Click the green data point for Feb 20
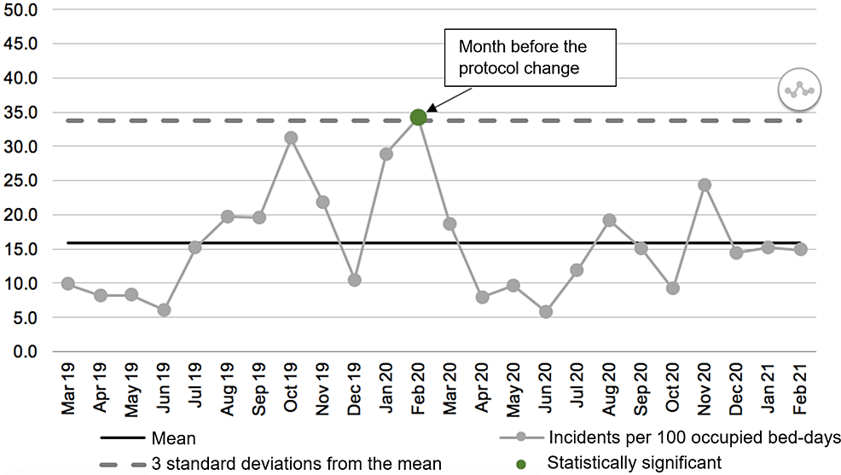coord(418,117)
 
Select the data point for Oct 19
coord(291,137)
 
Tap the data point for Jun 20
coord(545,311)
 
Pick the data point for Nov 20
coord(705,185)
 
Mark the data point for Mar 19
coord(68,283)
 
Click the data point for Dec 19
coord(355,280)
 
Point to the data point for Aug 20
coord(609,220)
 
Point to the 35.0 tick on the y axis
coord(29,113)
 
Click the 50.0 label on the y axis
coord(29,9)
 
